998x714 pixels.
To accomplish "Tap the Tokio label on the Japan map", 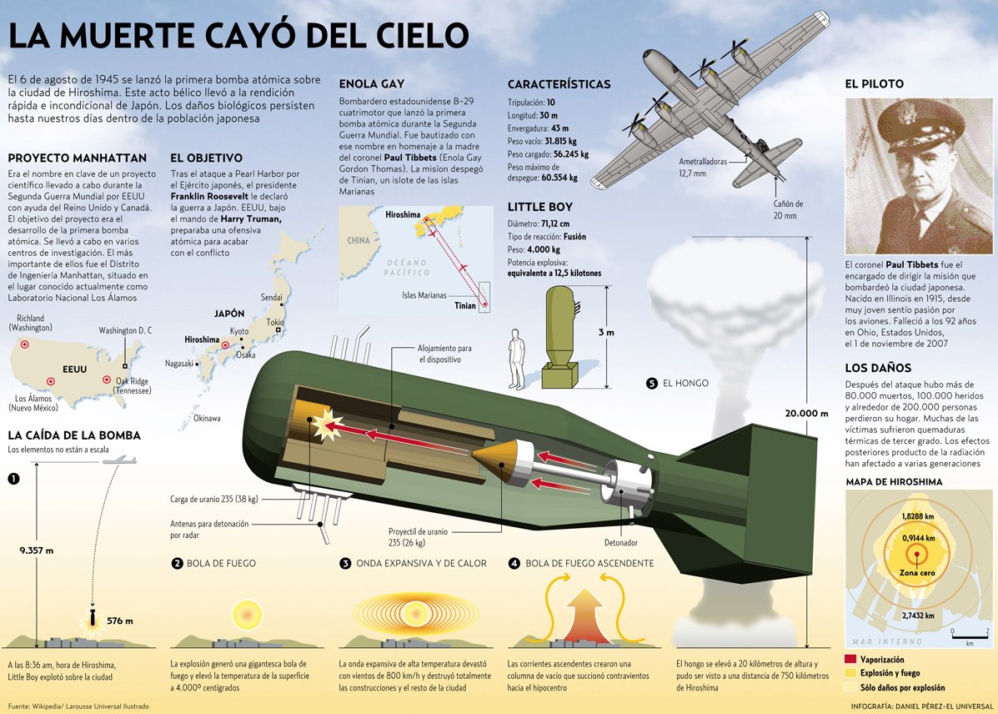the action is pyautogui.click(x=274, y=322).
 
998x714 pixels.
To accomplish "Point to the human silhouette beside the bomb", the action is pyautogui.click(x=518, y=358).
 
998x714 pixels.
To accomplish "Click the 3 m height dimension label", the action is pyautogui.click(x=606, y=333).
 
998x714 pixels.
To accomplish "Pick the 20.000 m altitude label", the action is pyautogui.click(x=805, y=414).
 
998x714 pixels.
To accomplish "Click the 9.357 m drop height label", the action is pyautogui.click(x=36, y=550).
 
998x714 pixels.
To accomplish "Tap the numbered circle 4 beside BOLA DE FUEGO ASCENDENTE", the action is pyautogui.click(x=514, y=563).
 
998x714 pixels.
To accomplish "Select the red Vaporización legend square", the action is pyautogui.click(x=850, y=659).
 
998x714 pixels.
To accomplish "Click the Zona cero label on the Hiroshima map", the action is pyautogui.click(x=916, y=573).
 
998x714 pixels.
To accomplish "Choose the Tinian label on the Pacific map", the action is pyautogui.click(x=466, y=306).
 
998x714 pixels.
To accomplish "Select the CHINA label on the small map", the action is pyautogui.click(x=359, y=240).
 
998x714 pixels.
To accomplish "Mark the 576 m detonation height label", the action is pyautogui.click(x=121, y=621).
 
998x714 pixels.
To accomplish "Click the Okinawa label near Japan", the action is pyautogui.click(x=207, y=418).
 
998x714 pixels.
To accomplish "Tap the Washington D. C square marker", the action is pyautogui.click(x=124, y=365).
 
